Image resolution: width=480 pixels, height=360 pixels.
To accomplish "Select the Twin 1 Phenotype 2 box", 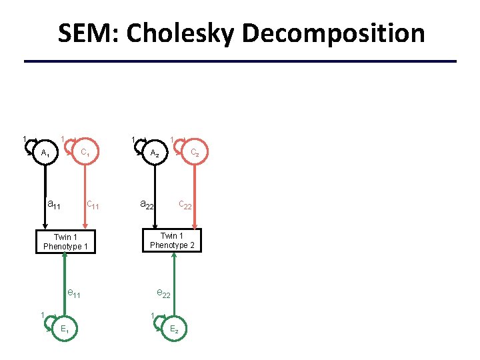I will tap(173, 240).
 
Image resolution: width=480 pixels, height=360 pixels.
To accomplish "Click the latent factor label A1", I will tap(45, 153).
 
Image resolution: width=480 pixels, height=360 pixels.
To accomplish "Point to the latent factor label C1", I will tap(85, 153).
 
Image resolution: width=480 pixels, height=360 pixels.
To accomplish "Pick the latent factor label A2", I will tap(154, 153).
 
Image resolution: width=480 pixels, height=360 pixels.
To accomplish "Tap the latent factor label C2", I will tap(195, 153).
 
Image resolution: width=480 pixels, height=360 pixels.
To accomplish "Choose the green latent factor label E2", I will tap(173, 329).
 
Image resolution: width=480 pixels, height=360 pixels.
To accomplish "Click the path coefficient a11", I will tap(54, 204).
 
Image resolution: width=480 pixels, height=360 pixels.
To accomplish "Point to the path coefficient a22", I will tap(147, 204).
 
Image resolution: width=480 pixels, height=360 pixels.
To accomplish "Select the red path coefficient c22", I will tap(185, 205).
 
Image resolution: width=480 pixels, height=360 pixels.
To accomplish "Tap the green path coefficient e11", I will tap(74, 293).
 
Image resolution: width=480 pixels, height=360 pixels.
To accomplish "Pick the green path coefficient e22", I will tap(163, 293).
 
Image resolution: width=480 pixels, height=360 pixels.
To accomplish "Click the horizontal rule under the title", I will tap(240, 61).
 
